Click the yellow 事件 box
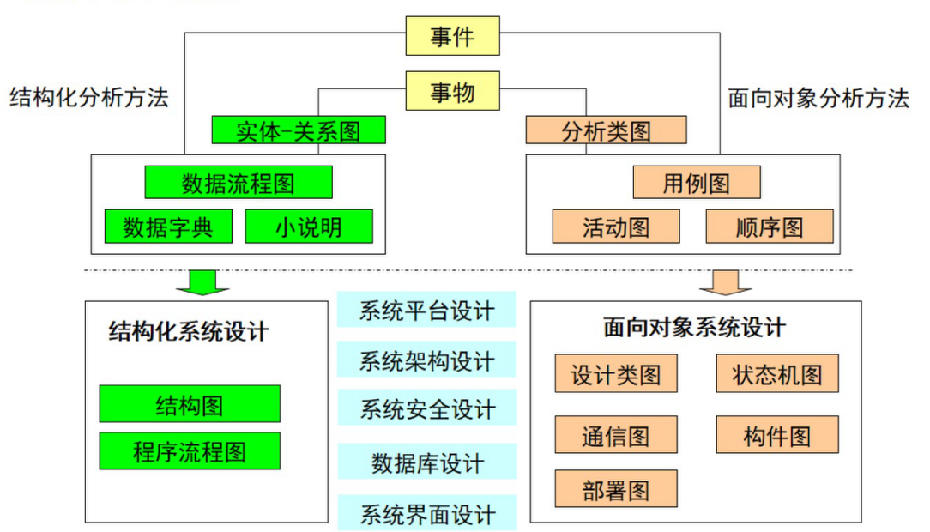pos(452,36)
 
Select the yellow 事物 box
pos(452,91)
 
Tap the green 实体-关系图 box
pos(299,130)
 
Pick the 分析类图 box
pos(607,130)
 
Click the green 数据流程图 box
pos(239,182)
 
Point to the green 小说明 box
pos(309,227)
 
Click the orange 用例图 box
pos(697,182)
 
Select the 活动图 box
pos(616,227)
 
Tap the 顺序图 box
pos(770,227)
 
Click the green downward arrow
pos(202,281)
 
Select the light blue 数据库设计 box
pos(427,463)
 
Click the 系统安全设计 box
pos(427,409)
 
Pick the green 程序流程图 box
pos(190,451)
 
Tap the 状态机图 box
pos(777,374)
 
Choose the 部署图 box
pos(616,489)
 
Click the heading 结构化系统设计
pos(189,331)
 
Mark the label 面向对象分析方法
pos(818,98)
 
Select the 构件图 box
pos(777,435)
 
